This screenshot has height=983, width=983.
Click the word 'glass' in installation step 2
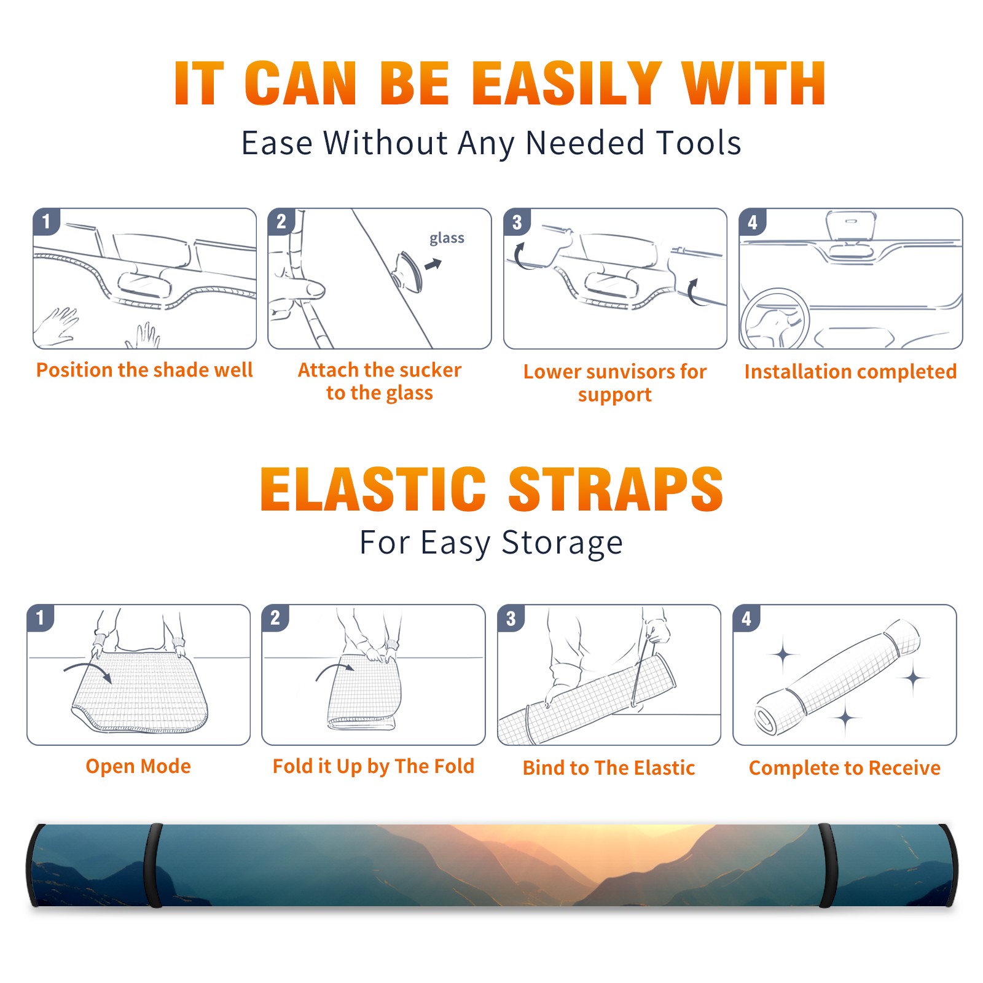(x=447, y=238)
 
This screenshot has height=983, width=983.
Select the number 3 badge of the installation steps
(x=517, y=222)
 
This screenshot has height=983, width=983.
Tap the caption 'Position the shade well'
(x=144, y=370)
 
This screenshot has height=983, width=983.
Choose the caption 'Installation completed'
(x=850, y=371)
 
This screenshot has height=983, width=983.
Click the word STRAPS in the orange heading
(x=616, y=489)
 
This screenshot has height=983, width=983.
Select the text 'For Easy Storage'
(x=491, y=542)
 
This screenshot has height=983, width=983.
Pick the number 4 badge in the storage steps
(x=746, y=618)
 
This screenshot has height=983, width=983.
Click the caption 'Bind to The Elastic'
(x=609, y=767)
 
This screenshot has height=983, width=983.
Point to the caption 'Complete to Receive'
(x=845, y=768)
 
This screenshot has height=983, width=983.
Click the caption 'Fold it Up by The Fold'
(x=374, y=766)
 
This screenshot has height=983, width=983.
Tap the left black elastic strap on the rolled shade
(x=153, y=865)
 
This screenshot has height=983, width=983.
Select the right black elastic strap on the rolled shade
(x=828, y=865)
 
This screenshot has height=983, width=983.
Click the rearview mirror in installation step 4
(x=851, y=225)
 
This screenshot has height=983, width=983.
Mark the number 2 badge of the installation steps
(x=281, y=222)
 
